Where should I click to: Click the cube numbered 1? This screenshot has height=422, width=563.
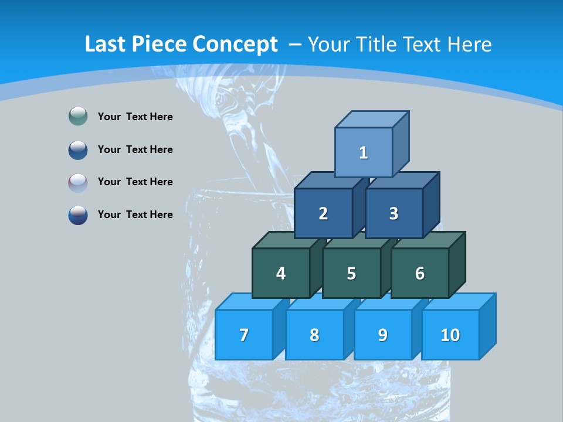(x=364, y=152)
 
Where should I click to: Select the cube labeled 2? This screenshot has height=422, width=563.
(x=323, y=213)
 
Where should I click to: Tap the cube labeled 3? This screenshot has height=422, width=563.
(x=394, y=213)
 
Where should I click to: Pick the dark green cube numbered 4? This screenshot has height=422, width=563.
(x=281, y=273)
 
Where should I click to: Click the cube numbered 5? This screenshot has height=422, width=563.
(x=351, y=273)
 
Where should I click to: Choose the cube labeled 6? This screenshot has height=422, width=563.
(x=420, y=273)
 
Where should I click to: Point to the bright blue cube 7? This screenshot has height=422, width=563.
(x=244, y=335)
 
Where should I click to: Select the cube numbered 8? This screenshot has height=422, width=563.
(x=314, y=335)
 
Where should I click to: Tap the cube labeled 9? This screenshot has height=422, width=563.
(x=383, y=335)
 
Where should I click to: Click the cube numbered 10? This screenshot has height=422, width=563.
(x=450, y=335)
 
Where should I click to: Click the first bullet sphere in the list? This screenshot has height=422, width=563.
(x=78, y=117)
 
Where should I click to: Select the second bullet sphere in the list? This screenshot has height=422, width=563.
(x=78, y=149)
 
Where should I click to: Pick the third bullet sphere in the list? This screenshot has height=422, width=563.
(x=78, y=182)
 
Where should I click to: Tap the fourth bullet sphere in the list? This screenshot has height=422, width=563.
(x=78, y=215)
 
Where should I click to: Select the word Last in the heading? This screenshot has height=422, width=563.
(x=105, y=45)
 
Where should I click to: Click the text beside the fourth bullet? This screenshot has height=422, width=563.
(x=135, y=215)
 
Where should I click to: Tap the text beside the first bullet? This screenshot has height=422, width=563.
(x=135, y=117)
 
